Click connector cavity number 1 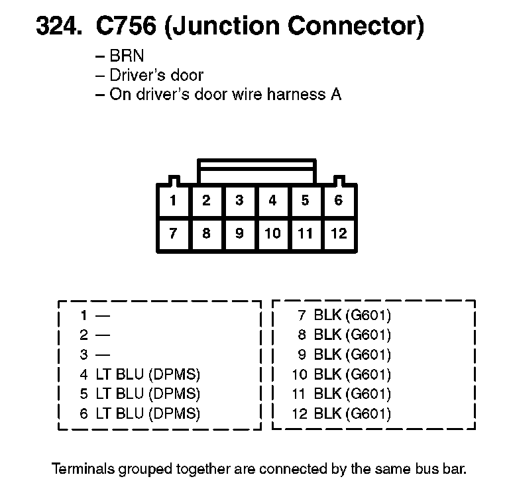pyautogui.click(x=174, y=200)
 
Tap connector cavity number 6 pyautogui.click(x=339, y=200)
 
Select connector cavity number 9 pyautogui.click(x=239, y=233)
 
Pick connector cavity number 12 pyautogui.click(x=339, y=233)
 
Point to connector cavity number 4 pyautogui.click(x=272, y=200)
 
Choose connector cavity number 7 pyautogui.click(x=174, y=233)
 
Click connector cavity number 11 pyautogui.click(x=306, y=233)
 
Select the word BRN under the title pyautogui.click(x=127, y=56)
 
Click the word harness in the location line pyautogui.click(x=290, y=94)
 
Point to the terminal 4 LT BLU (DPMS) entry pyautogui.click(x=139, y=374)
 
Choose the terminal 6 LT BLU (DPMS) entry pyautogui.click(x=139, y=414)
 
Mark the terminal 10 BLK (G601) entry pyautogui.click(x=341, y=374)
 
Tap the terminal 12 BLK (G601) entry pyautogui.click(x=341, y=414)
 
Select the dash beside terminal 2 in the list pyautogui.click(x=103, y=335)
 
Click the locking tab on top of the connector pyautogui.click(x=256, y=170)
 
